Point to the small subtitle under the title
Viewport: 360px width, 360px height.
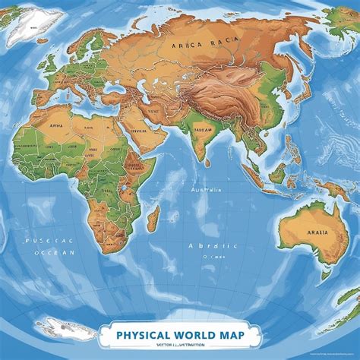click(179, 345)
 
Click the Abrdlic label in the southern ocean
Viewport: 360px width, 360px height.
click(213, 245)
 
